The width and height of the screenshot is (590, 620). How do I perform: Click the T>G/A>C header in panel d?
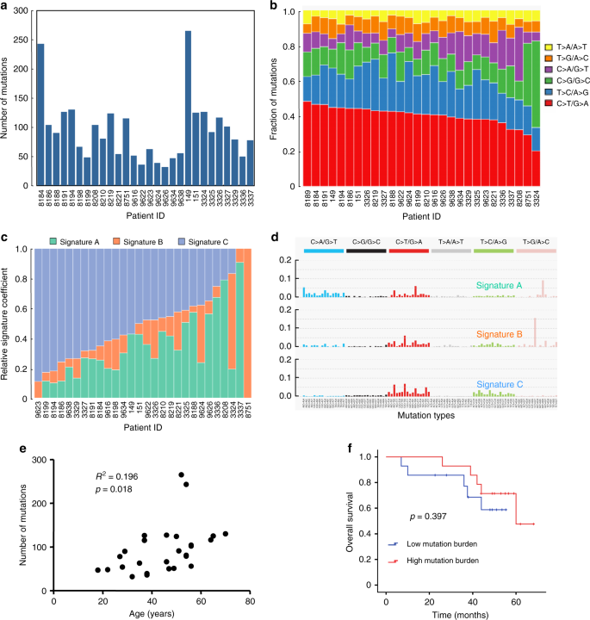click(x=536, y=243)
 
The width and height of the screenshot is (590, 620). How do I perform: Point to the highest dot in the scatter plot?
click(x=181, y=474)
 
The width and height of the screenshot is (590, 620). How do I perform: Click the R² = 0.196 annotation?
click(x=121, y=476)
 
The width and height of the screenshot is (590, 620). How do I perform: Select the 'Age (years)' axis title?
click(x=152, y=611)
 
